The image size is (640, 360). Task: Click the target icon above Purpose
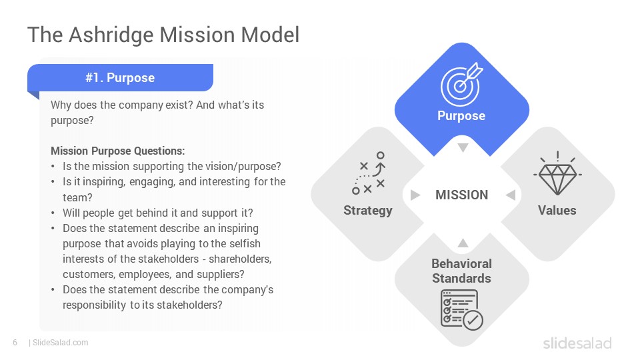461,85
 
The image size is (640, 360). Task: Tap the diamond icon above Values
557,173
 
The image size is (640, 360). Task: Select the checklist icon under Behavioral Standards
461,309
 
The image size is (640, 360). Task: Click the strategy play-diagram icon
369,173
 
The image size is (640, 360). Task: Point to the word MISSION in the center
461,195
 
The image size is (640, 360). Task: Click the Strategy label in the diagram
368,211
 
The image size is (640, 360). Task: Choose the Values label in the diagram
557,211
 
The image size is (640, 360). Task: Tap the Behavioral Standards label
461,271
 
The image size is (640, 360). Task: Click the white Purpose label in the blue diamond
461,116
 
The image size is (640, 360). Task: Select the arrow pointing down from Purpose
463,147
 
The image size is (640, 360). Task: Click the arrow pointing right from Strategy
415,195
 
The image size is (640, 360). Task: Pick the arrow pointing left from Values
511,195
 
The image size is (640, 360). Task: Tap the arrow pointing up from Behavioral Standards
463,243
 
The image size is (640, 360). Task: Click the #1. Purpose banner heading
120,77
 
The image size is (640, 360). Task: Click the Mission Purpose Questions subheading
117,151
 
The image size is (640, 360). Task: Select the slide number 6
15,343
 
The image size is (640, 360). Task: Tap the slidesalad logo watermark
577,343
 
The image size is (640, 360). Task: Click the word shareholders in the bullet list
239,259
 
